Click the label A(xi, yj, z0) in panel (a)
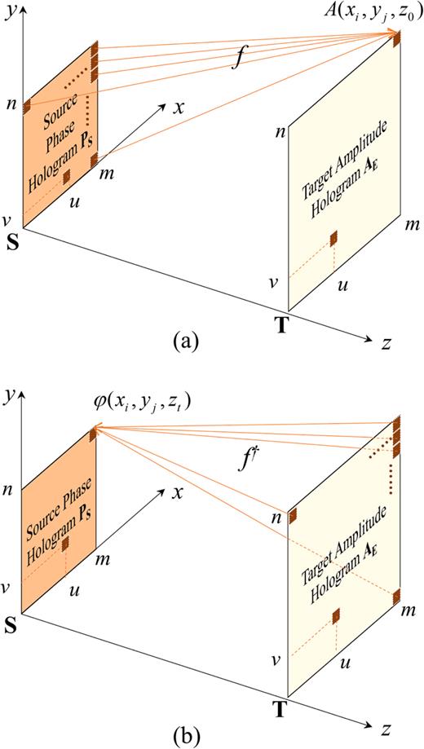pos(359,14)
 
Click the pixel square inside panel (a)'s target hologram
pos(333,238)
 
